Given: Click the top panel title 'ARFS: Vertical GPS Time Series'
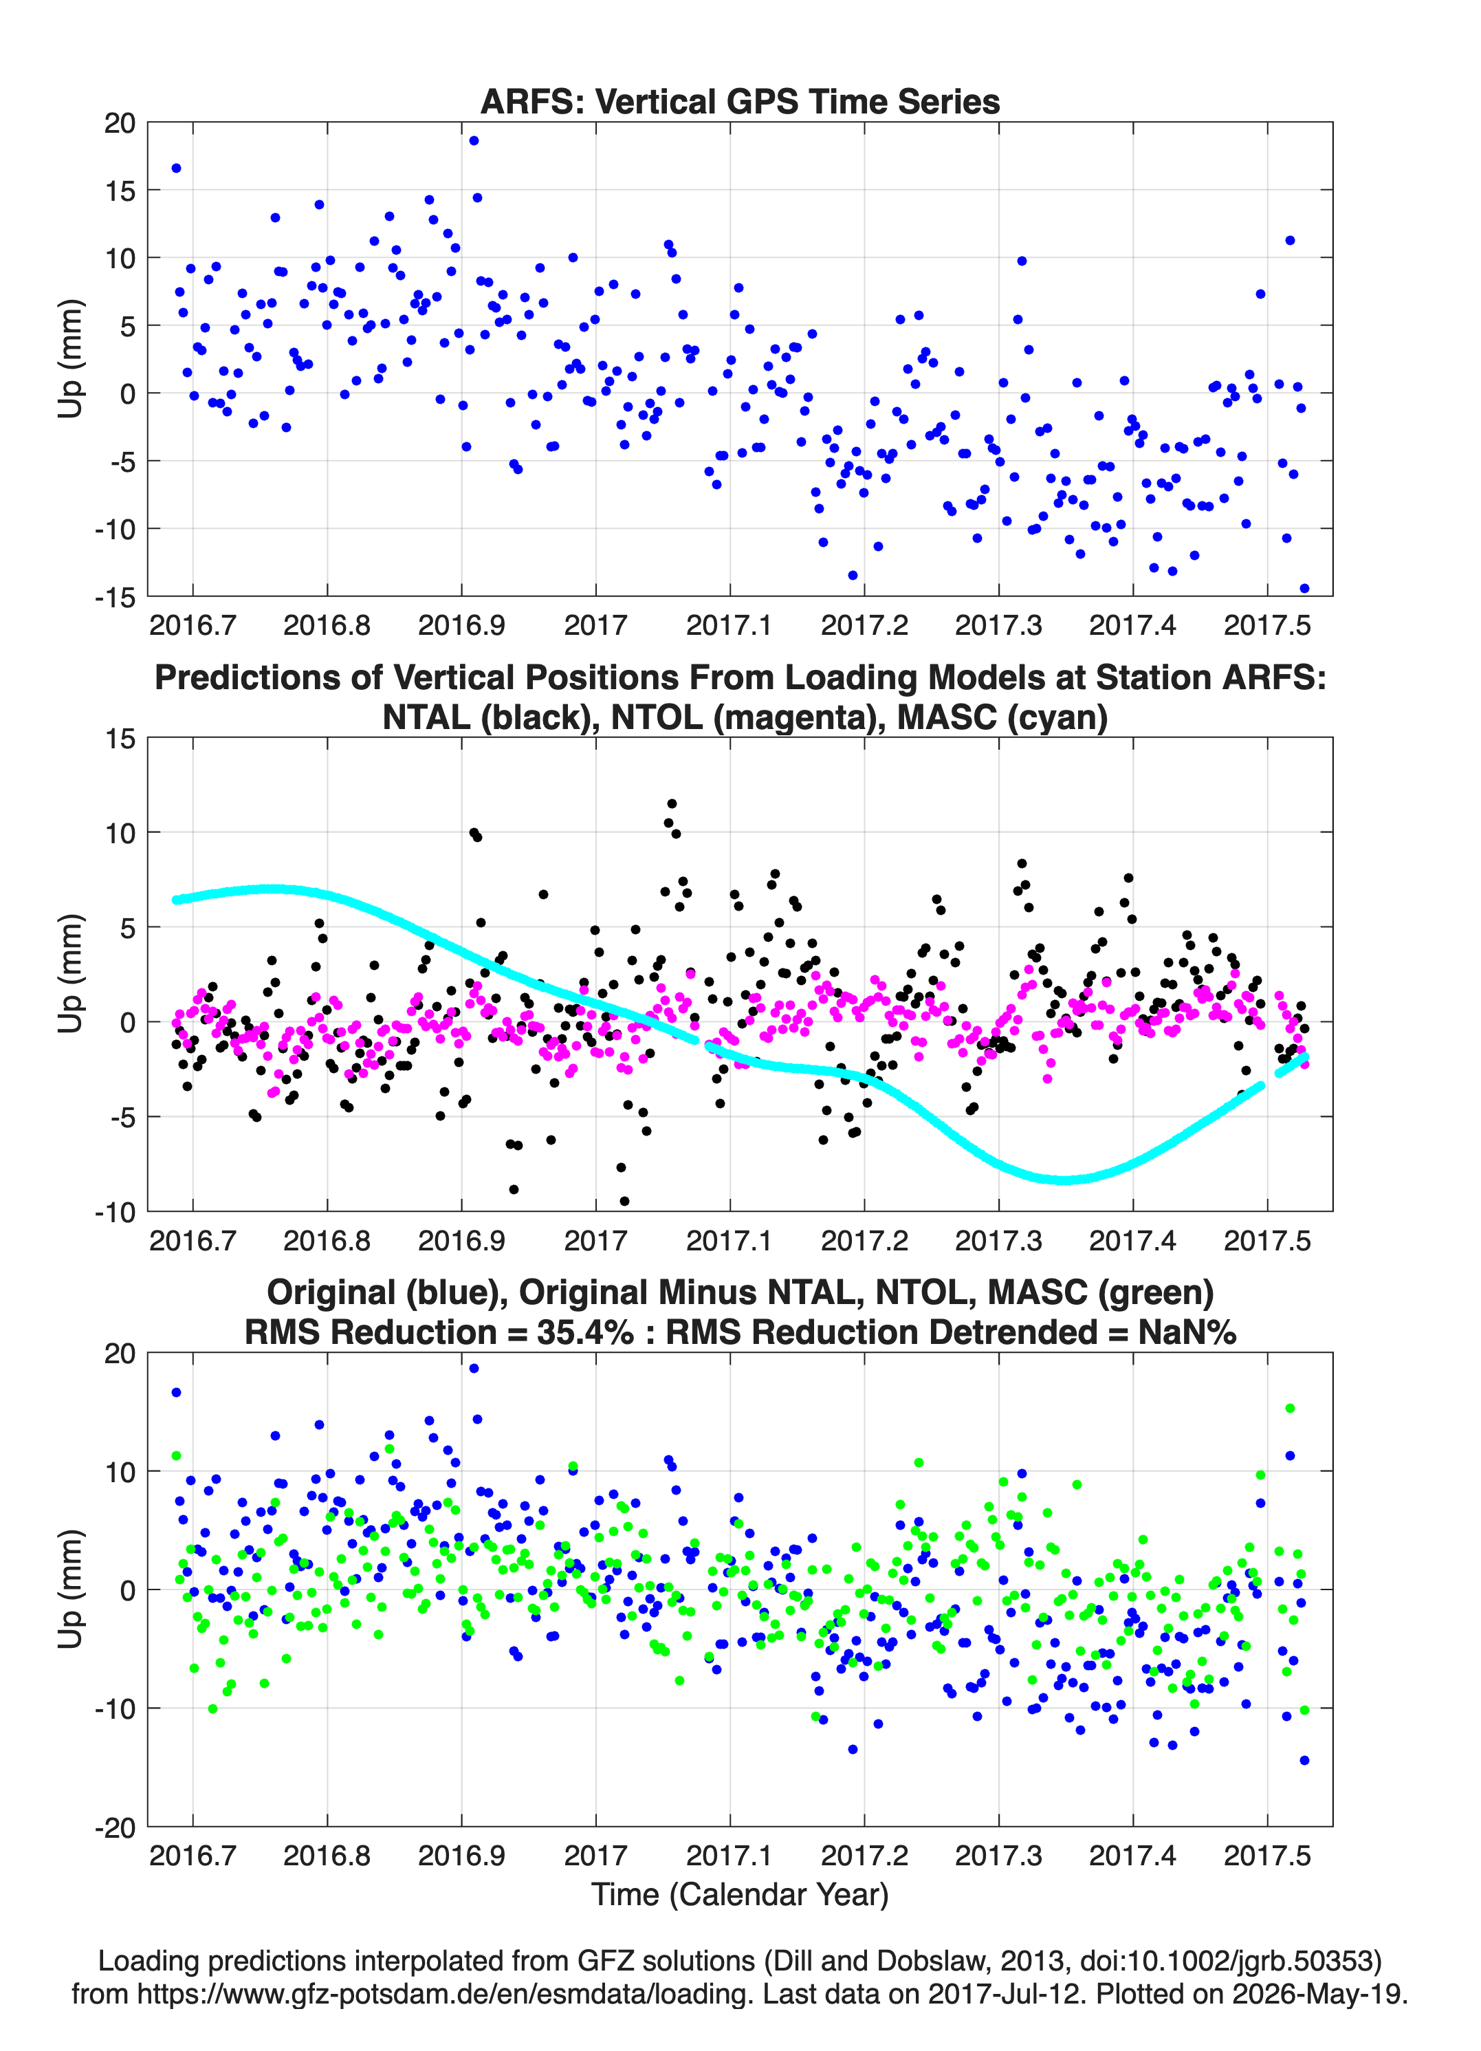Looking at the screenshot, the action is click(740, 101).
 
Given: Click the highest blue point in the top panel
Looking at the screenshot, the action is click(474, 140).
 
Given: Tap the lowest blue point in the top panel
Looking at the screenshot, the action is click(1304, 588).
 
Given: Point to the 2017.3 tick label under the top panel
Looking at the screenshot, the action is click(998, 625).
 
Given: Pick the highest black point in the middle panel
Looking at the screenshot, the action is click(672, 803).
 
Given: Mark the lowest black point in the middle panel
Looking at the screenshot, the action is click(624, 1201).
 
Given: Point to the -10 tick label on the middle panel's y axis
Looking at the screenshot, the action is click(115, 1212).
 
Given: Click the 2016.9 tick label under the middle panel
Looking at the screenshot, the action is click(461, 1240).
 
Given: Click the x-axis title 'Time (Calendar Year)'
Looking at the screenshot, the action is click(740, 1895).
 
